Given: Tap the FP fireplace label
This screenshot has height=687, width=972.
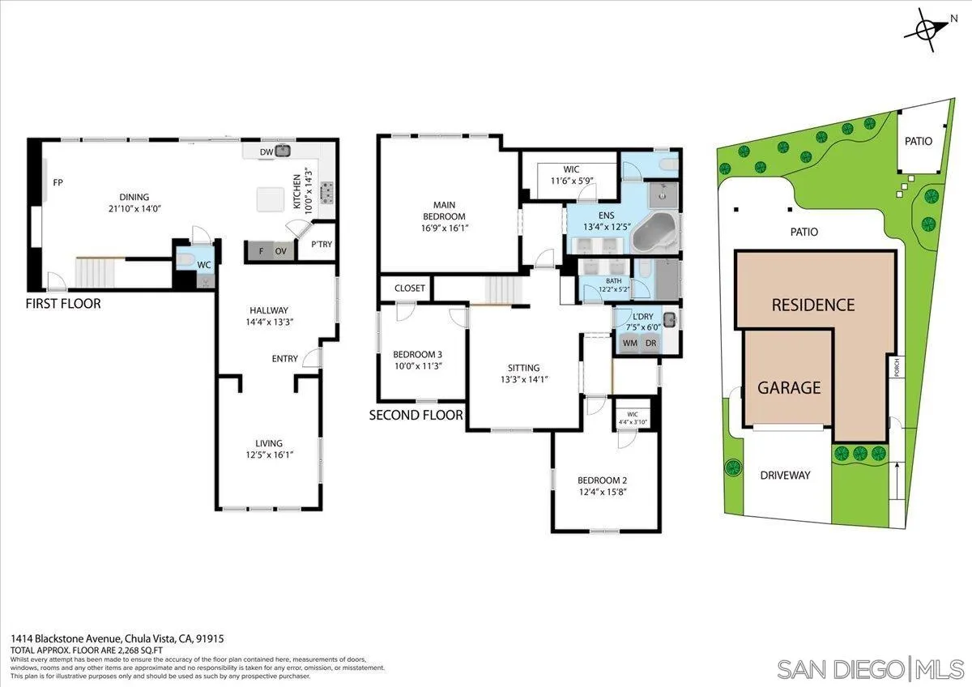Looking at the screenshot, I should pos(58,183).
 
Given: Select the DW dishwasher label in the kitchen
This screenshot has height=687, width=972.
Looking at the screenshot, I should pos(266,151).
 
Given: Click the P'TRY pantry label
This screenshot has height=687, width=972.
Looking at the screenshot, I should pos(322,245).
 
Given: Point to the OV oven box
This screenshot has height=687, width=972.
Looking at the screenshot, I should pos(281,252).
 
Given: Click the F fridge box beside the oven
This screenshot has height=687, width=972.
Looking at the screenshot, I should pos(261,252).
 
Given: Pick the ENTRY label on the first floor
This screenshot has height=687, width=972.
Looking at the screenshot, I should pos(285,359).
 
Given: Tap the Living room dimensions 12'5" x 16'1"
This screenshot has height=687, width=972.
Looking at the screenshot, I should pos(269,455).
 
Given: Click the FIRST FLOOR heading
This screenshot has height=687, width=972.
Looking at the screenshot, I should pos(64,304).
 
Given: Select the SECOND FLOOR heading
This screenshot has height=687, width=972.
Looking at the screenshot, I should pos(416,415).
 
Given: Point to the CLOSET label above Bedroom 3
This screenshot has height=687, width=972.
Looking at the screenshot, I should pos(410,288).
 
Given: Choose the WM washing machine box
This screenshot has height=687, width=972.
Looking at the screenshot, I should pos(629,343).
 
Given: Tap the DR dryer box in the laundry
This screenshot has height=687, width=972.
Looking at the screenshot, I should pos(650,343).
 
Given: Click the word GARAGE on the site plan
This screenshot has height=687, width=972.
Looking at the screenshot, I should pos(789,388).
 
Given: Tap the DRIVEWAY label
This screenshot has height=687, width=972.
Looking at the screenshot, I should pos(785,476).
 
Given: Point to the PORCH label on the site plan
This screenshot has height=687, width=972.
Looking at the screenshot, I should pos(895,368).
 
